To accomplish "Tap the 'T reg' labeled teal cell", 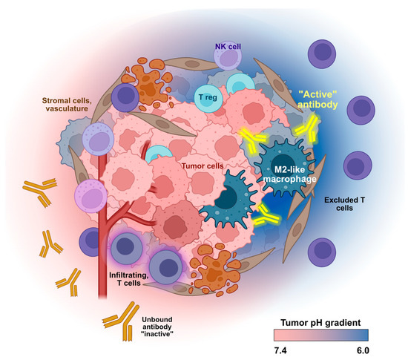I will point(210,96).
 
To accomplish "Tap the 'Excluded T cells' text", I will point(346,206).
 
